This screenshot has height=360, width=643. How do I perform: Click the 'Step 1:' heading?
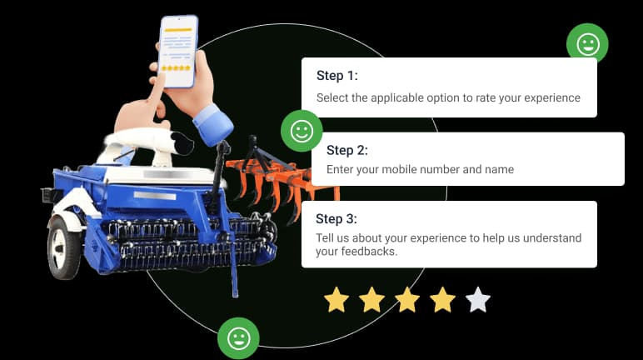tap(337, 76)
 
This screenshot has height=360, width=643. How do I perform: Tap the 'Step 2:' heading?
tap(347, 150)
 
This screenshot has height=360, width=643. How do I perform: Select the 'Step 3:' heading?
tap(336, 219)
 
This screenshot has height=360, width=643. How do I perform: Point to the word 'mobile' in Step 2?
tap(396, 169)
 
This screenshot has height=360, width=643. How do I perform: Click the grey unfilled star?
tap(478, 300)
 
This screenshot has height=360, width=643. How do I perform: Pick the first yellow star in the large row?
tap(336, 300)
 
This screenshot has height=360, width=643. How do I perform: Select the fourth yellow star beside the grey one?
tap(443, 300)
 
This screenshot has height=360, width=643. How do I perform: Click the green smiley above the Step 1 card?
tap(588, 43)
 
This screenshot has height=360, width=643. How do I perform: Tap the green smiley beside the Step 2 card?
tap(302, 131)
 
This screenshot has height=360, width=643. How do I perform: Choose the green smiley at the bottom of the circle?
tap(238, 338)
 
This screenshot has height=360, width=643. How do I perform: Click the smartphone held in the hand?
tap(178, 52)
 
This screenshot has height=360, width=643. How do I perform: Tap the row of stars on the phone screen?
tap(177, 67)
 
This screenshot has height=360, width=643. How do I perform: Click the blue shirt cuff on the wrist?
tap(213, 124)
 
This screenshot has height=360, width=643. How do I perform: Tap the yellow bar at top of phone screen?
tap(178, 30)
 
